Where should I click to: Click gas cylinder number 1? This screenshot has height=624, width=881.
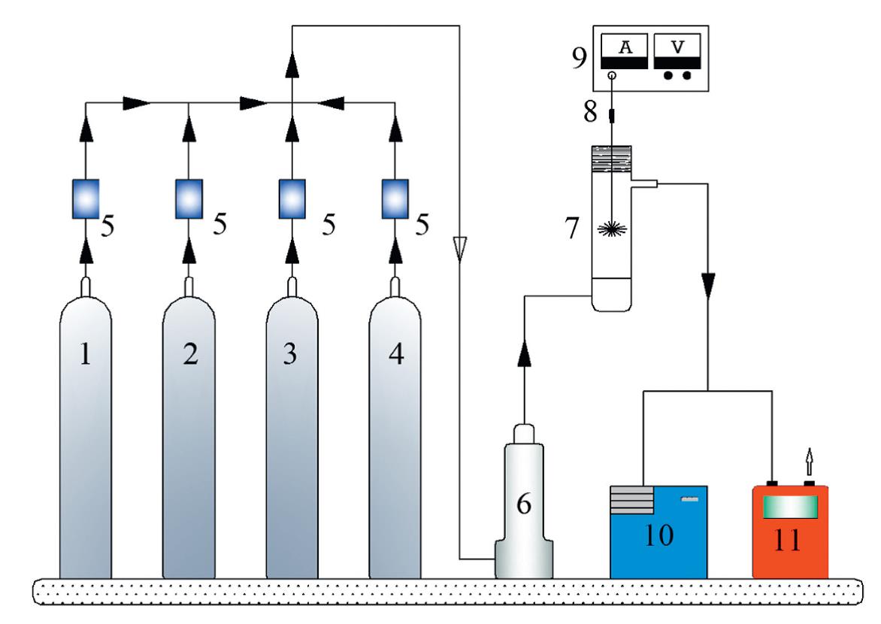point(86,436)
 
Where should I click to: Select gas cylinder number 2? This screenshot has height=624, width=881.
point(189,436)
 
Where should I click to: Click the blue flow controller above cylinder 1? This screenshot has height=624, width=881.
point(86,198)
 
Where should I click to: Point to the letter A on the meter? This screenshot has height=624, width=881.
point(625,47)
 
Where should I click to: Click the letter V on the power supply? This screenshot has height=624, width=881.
point(677,47)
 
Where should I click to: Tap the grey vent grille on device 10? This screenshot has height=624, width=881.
point(631,500)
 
